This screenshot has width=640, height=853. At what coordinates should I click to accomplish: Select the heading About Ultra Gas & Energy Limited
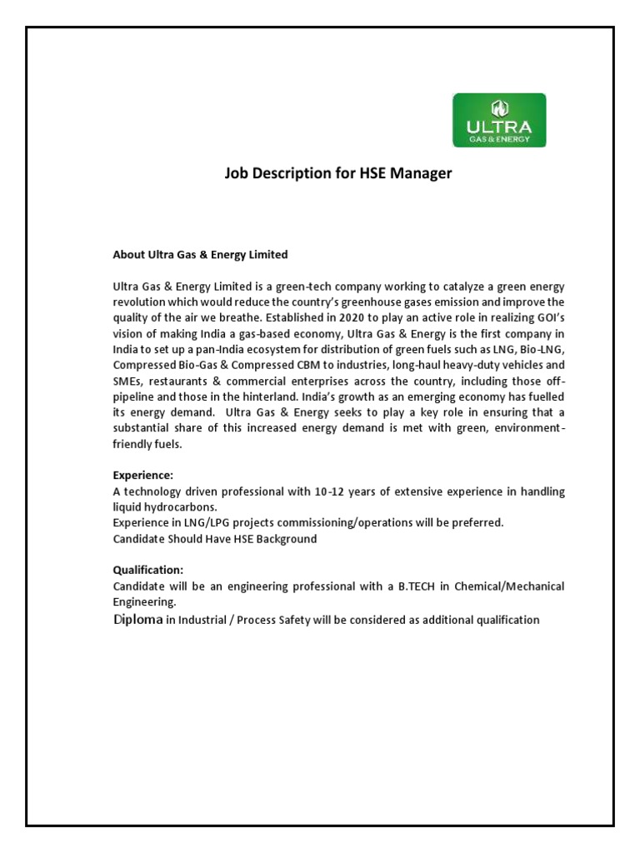coord(200,254)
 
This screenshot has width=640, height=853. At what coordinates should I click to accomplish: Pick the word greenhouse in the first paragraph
coord(391,301)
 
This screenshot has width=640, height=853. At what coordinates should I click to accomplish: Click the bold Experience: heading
coord(143,476)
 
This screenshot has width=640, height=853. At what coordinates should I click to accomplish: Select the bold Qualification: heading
coord(147,571)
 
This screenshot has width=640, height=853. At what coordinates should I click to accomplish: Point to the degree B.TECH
coord(408,586)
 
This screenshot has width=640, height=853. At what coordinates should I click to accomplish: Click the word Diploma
coord(137,620)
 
